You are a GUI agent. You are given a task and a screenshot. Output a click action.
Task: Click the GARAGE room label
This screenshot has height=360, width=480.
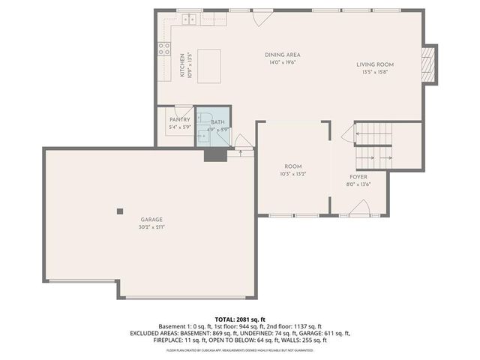click(151, 220)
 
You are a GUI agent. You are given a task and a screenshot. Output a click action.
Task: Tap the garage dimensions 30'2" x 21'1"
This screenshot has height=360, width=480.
click(151, 226)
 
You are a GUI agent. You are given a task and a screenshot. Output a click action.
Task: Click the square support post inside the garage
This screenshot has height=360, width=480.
click(119, 211)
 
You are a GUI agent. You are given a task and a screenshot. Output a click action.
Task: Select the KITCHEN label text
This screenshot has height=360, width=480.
click(181, 65)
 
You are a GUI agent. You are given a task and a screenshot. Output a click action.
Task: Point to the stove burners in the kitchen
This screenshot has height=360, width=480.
click(163, 50)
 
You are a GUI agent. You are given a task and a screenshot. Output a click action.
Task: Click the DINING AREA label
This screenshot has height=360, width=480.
click(282, 55)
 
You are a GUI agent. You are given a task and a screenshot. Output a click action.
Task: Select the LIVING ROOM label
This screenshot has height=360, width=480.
click(375, 64)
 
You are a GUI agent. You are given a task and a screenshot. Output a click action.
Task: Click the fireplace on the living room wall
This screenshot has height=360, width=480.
click(428, 65)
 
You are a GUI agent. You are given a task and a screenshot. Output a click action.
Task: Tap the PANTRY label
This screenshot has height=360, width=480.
click(179, 120)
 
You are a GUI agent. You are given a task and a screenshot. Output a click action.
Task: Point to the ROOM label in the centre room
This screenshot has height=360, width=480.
click(292, 166)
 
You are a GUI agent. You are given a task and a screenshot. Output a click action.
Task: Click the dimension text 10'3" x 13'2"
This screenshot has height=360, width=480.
click(292, 173)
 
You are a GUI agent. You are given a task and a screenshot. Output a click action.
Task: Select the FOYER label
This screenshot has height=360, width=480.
click(358, 177)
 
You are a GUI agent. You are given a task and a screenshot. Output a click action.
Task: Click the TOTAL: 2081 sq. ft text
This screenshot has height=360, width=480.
click(240, 319)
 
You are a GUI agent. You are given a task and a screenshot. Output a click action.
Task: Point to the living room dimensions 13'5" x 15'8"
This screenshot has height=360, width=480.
click(375, 72)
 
